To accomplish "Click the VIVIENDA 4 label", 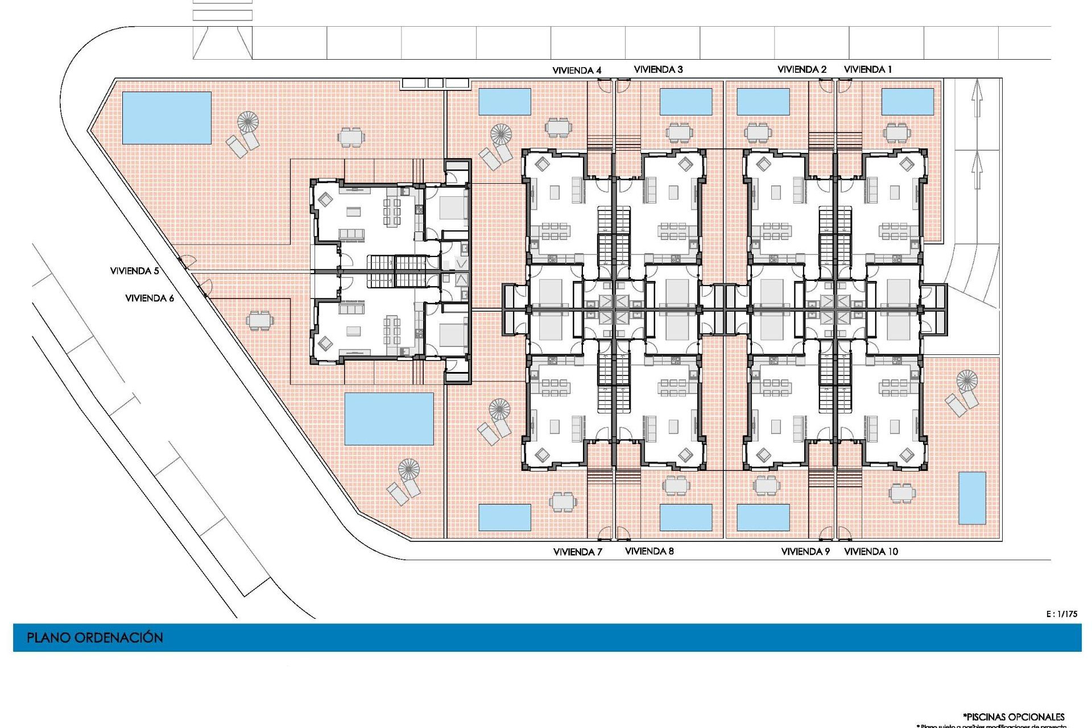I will (x=577, y=71).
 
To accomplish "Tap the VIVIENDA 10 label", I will (x=871, y=551).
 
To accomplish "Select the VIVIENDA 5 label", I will (x=135, y=271).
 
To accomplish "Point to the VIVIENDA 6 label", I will (x=150, y=298).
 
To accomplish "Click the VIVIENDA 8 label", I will (x=649, y=551).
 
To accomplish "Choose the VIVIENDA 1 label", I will (x=867, y=69).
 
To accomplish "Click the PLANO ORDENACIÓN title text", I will (x=95, y=638).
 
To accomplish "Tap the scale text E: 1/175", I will (x=1061, y=614).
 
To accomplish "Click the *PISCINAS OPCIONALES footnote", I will (x=1014, y=717).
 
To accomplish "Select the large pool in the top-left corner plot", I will (x=167, y=118).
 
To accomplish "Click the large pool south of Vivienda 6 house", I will (x=389, y=419).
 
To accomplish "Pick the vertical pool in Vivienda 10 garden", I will (x=972, y=498).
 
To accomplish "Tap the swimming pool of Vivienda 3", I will (x=685, y=101).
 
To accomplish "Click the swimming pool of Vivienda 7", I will (x=504, y=517).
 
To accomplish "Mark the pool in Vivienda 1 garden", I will (x=907, y=101).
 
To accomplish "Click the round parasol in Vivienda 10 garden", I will (x=967, y=380).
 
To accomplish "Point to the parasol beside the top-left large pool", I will (x=248, y=121).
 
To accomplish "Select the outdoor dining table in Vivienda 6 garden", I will (x=259, y=320).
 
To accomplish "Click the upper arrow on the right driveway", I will (x=977, y=98).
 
